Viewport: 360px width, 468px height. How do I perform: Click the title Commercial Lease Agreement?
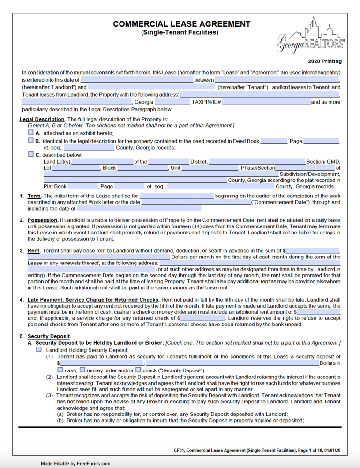tap(181, 24)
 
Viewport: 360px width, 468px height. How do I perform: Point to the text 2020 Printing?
tap(324, 61)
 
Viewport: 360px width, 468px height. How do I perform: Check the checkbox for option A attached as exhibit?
tap(31, 133)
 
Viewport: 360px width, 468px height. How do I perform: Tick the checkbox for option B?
tap(31, 140)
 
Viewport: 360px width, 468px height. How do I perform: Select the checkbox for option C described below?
tap(31, 154)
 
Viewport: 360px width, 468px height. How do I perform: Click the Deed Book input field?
tap(273, 141)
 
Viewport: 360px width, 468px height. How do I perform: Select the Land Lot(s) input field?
tap(102, 162)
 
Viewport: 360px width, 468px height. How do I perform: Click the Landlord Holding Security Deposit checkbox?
tap(38, 350)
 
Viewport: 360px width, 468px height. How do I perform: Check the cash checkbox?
tap(60, 370)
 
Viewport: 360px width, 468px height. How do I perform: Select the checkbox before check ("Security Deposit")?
tap(138, 370)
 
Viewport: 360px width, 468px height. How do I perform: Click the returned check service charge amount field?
tap(202, 318)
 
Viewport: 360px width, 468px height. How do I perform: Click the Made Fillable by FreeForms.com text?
tap(75, 463)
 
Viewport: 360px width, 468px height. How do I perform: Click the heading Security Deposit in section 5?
tap(49, 336)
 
